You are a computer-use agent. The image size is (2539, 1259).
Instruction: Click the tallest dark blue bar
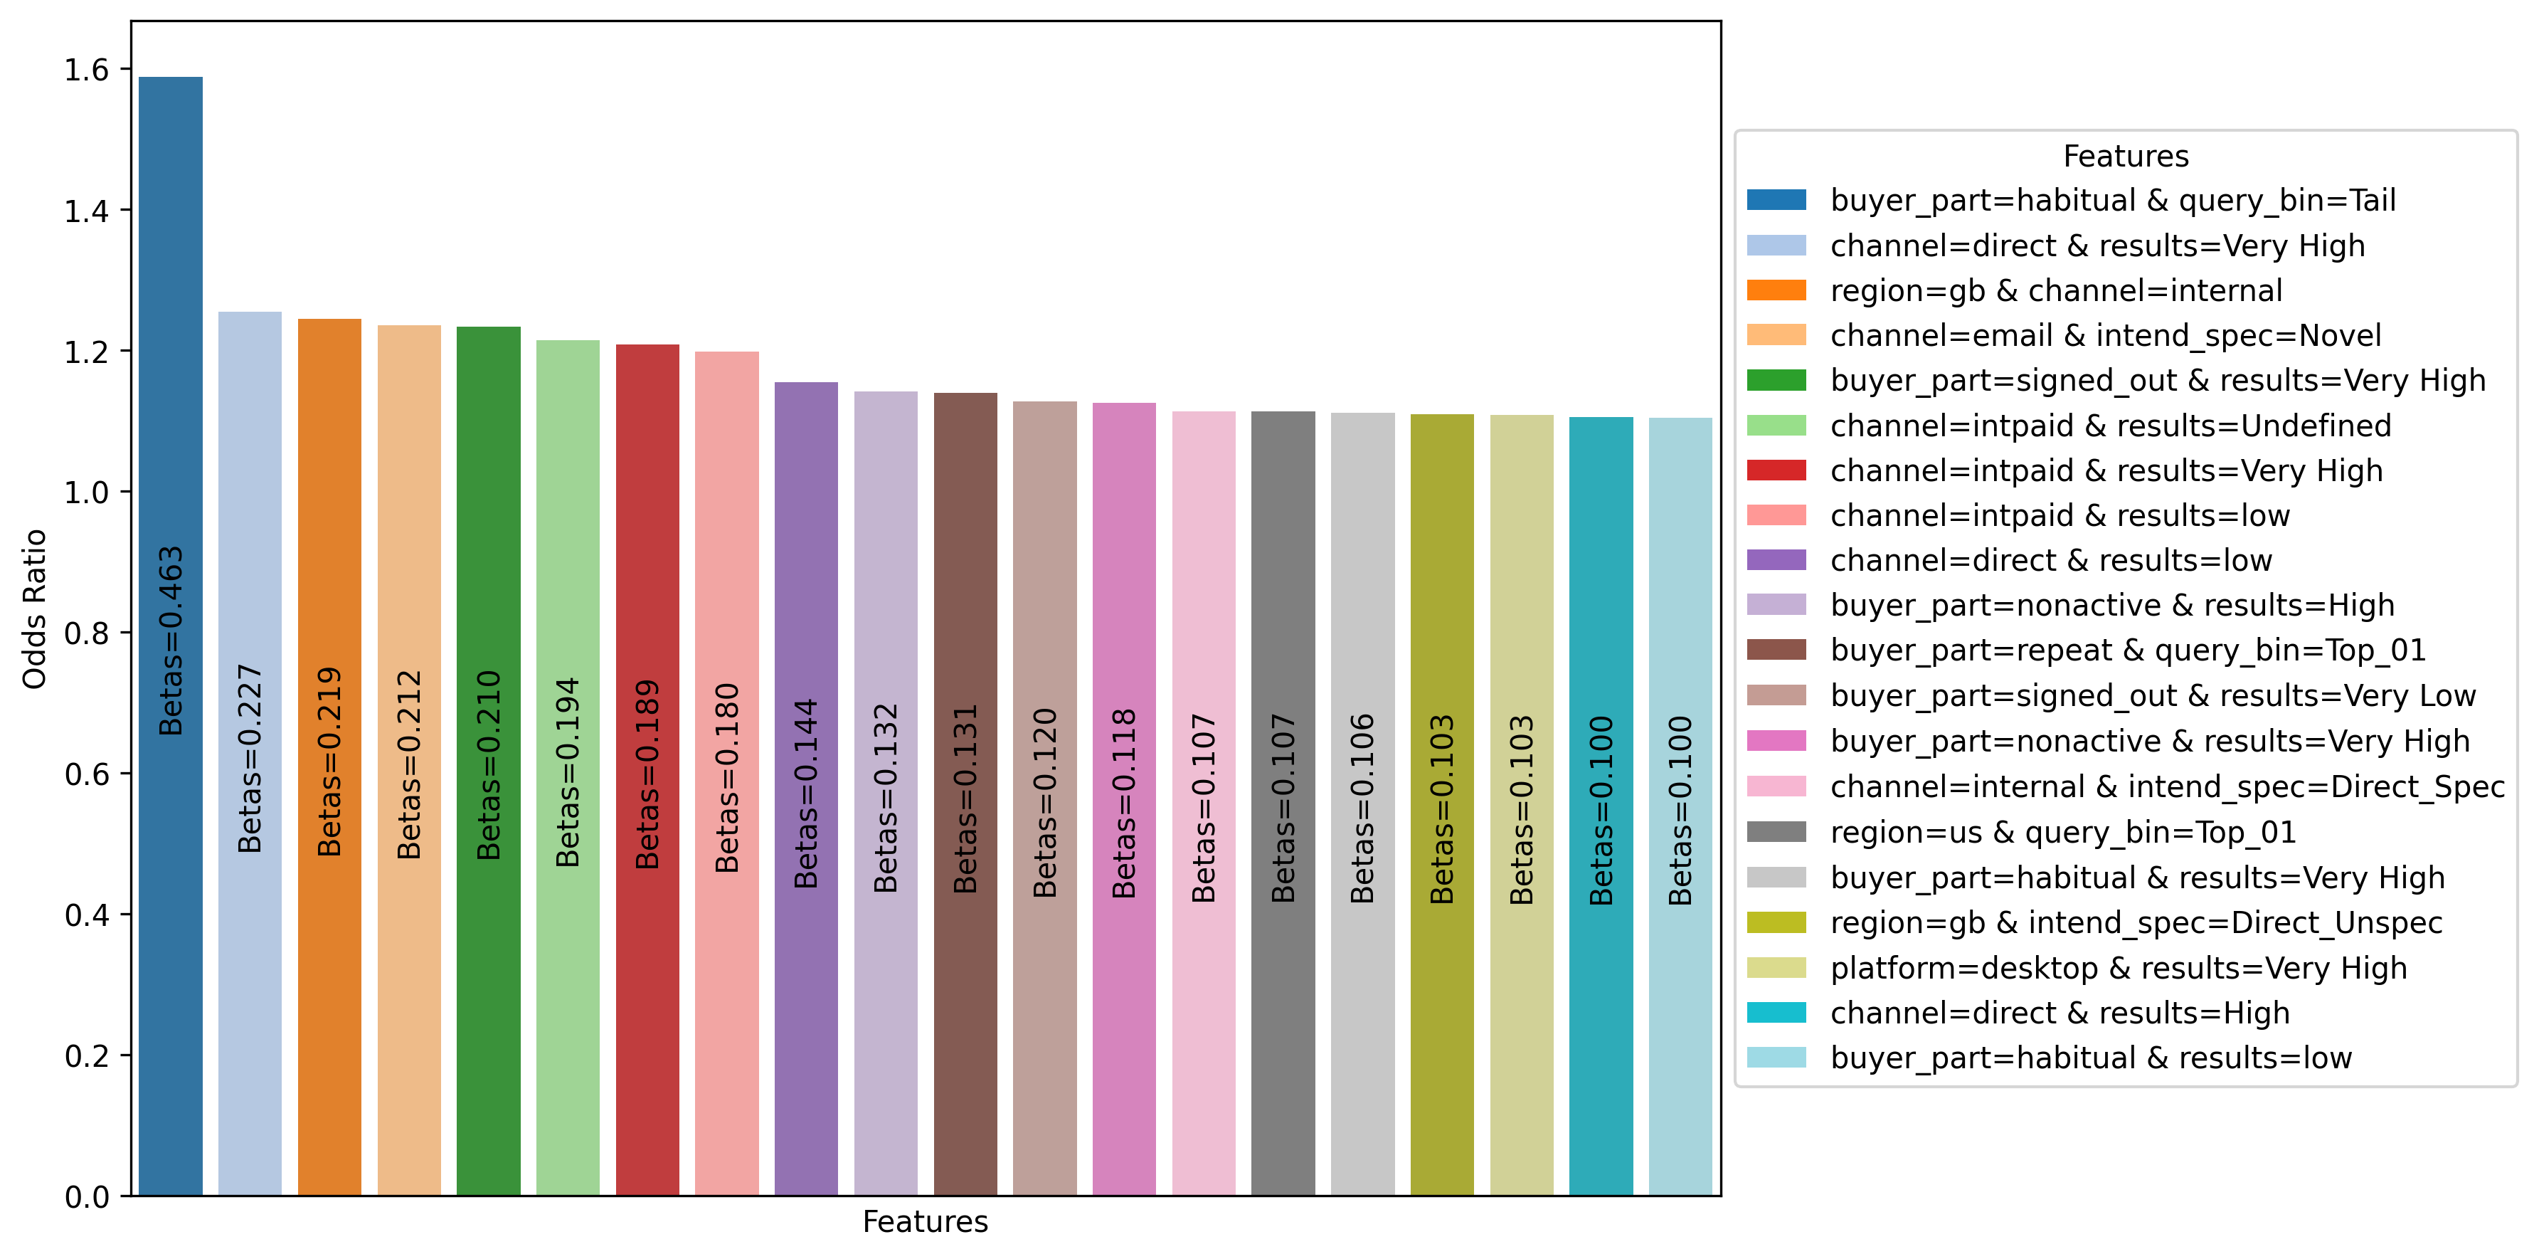click(x=171, y=394)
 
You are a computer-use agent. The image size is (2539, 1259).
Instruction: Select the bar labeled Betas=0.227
click(x=250, y=493)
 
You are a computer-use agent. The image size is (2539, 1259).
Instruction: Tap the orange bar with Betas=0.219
click(x=329, y=493)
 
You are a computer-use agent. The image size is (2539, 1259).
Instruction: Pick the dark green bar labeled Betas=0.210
click(x=488, y=493)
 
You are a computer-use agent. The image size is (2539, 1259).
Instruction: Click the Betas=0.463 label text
click(x=171, y=641)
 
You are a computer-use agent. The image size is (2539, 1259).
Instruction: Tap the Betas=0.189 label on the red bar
click(x=647, y=774)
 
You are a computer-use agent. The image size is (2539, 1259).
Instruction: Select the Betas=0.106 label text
click(x=1362, y=808)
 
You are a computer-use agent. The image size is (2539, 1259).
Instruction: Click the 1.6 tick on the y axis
click(x=86, y=70)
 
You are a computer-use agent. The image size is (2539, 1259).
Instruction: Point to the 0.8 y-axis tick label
click(x=86, y=633)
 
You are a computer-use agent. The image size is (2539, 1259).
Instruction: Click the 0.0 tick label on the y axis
click(x=86, y=1197)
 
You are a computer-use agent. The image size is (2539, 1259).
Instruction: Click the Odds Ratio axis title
click(x=34, y=609)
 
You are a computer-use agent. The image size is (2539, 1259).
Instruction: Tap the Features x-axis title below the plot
click(x=925, y=1221)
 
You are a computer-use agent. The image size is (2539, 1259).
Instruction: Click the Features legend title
click(x=2125, y=156)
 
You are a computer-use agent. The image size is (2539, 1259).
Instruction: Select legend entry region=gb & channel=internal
click(x=2055, y=291)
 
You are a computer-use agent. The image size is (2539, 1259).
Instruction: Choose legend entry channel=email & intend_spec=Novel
click(x=2104, y=335)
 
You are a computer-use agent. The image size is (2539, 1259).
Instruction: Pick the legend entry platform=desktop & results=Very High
click(x=2117, y=968)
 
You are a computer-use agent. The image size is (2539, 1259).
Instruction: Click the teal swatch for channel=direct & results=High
click(x=1776, y=1013)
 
